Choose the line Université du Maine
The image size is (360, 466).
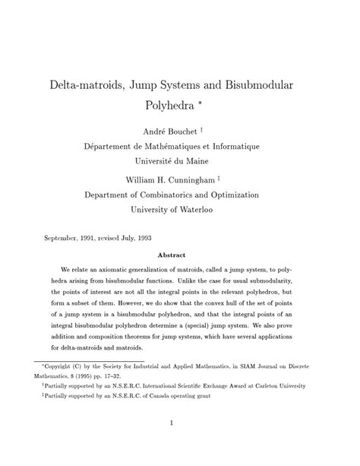[181, 160]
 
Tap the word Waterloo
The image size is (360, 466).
[209, 208]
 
